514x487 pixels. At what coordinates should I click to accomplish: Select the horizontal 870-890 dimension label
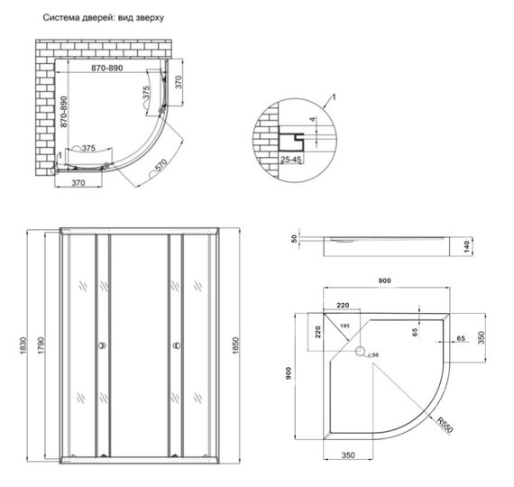click(x=111, y=69)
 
